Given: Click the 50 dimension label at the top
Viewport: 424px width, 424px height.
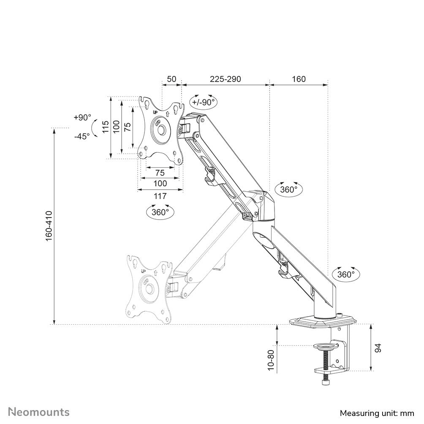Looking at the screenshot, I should tap(171, 79).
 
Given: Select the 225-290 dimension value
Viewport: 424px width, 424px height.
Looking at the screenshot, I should tap(226, 79).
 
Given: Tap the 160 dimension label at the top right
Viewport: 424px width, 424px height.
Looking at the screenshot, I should tap(298, 79).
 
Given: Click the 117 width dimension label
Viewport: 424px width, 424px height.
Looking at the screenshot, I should tap(160, 196).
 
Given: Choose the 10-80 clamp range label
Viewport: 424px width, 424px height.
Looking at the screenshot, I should tap(271, 360).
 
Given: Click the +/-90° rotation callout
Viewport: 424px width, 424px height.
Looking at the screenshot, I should tap(203, 102).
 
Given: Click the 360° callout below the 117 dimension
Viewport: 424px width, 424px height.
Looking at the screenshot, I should tap(160, 212).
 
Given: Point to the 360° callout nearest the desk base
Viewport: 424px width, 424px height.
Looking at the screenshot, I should tap(346, 274).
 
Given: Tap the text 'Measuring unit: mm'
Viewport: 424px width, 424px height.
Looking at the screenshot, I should tap(377, 413).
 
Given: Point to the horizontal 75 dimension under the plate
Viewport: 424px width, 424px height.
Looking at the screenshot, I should tap(160, 173).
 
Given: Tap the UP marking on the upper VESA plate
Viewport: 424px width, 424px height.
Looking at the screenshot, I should tap(155, 112).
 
